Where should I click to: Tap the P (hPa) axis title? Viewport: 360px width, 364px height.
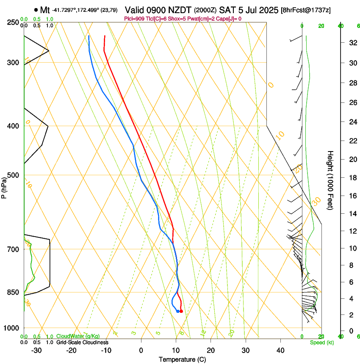pyautogui.click(x=4, y=187)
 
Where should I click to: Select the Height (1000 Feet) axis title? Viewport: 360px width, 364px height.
pyautogui.click(x=330, y=180)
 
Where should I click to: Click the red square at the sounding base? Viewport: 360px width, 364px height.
pyautogui.click(x=181, y=311)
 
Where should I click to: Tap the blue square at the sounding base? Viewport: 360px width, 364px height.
pyautogui.click(x=177, y=311)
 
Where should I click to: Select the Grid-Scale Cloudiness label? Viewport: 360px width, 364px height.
pyautogui.click(x=83, y=342)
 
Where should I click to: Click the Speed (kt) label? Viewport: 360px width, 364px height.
pyautogui.click(x=321, y=342)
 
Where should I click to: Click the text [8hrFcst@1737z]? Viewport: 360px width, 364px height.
pyautogui.click(x=306, y=10)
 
